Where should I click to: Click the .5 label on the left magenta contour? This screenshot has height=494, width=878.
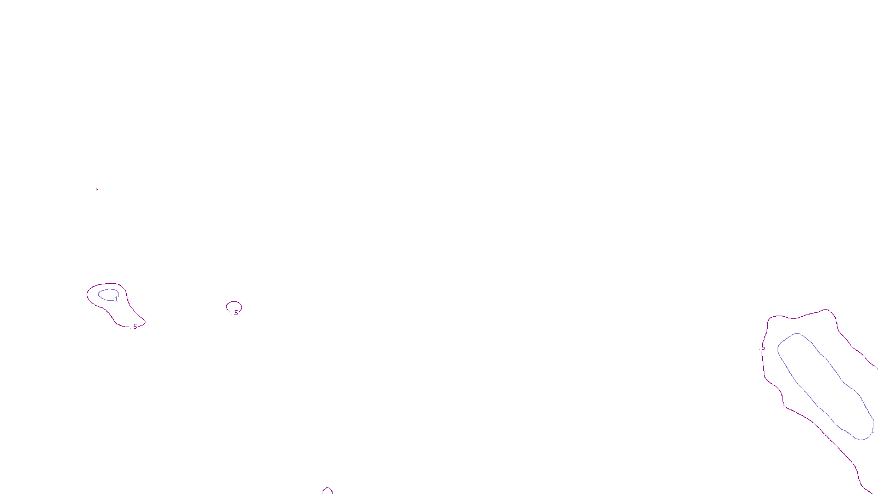134,327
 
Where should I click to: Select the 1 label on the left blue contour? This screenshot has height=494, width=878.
116,299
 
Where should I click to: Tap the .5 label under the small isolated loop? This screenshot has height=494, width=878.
236,313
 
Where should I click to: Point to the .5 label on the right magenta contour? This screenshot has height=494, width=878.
763,347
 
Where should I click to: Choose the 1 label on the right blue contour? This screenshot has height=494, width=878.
873,431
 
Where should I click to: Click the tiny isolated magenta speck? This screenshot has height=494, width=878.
97,189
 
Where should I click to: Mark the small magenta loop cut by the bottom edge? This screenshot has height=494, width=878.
328,490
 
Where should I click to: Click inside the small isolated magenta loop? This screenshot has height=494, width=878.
234,306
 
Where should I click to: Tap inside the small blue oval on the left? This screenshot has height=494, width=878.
107,295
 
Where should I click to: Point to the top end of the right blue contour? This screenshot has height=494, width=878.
797,334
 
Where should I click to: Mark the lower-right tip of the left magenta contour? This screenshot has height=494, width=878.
144,322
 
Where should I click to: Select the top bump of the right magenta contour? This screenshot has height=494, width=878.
826,310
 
